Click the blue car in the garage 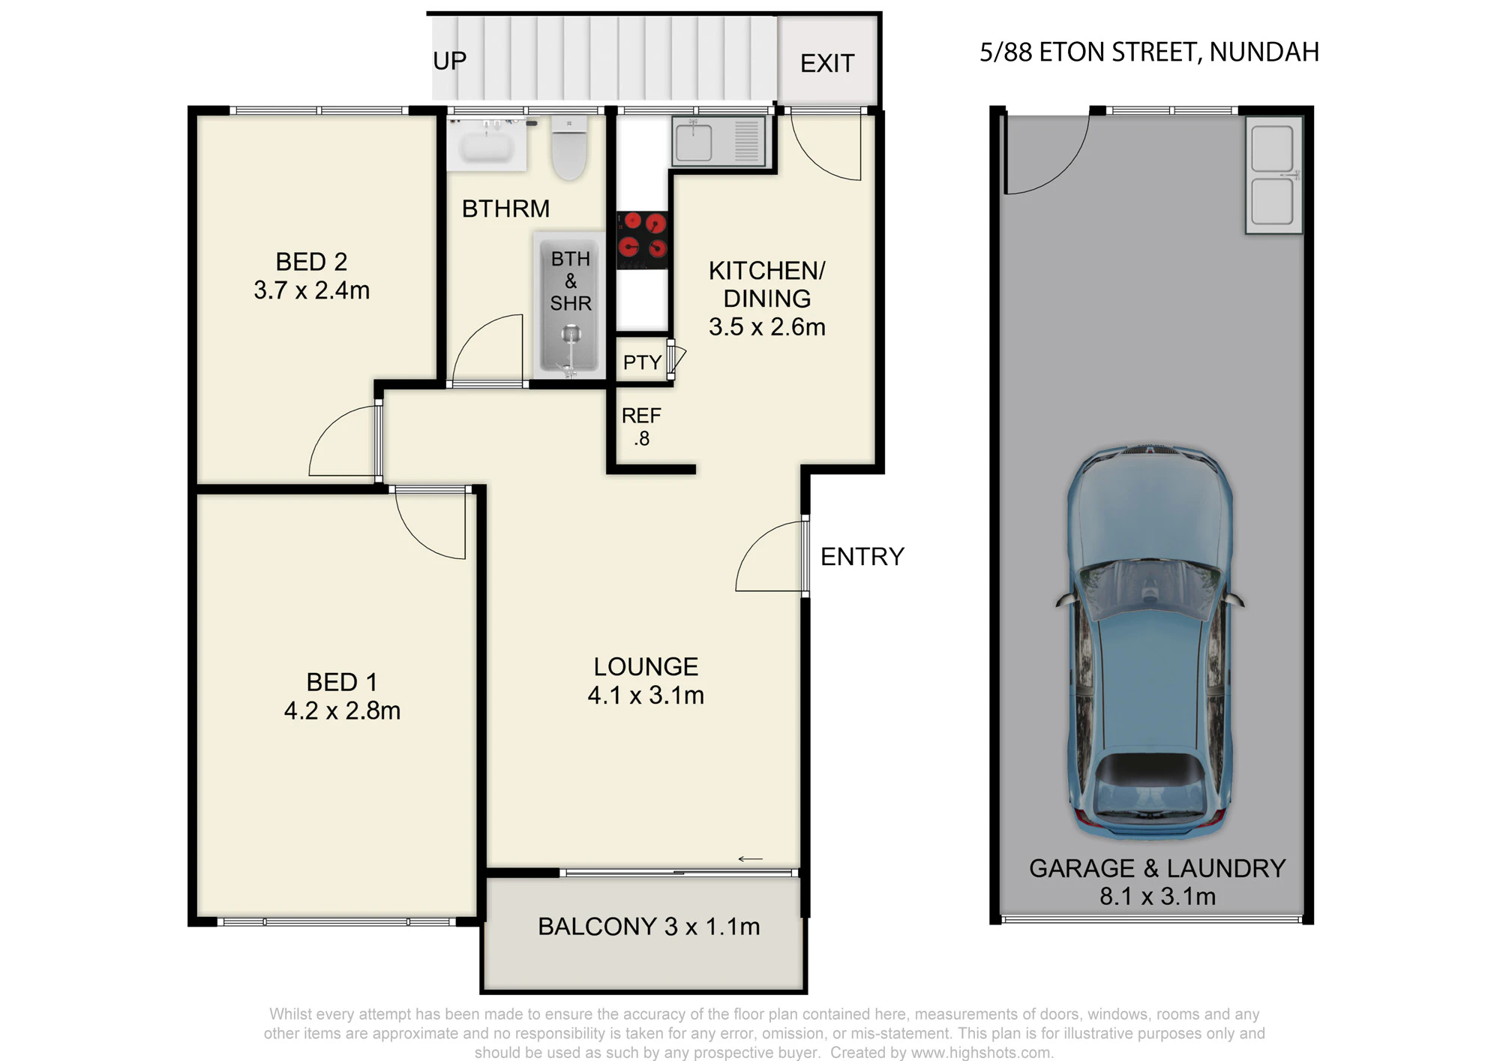pyautogui.click(x=1149, y=642)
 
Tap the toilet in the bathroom pyautogui.click(x=569, y=148)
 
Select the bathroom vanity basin pyautogui.click(x=487, y=143)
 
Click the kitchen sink pyautogui.click(x=718, y=140)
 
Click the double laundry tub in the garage pyautogui.click(x=1273, y=175)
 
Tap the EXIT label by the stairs pyautogui.click(x=827, y=63)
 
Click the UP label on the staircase pyautogui.click(x=449, y=60)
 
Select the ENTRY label pyautogui.click(x=862, y=557)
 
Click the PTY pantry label pyautogui.click(x=642, y=362)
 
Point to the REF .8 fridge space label pyautogui.click(x=641, y=427)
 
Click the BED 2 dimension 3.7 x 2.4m pyautogui.click(x=312, y=290)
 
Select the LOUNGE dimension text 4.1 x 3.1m pyautogui.click(x=646, y=696)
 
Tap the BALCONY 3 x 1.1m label pyautogui.click(x=649, y=927)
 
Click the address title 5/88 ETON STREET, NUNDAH pyautogui.click(x=1149, y=52)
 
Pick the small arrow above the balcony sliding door pyautogui.click(x=751, y=859)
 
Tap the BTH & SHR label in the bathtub pyautogui.click(x=571, y=281)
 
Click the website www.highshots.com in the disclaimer pyautogui.click(x=982, y=1053)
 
